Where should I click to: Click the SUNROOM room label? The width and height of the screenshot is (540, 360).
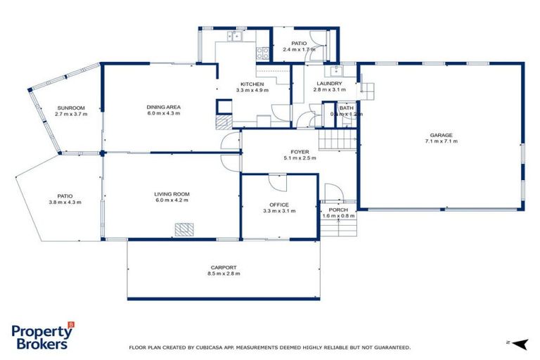click(x=70, y=108)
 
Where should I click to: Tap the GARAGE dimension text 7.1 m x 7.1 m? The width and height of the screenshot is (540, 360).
click(x=441, y=141)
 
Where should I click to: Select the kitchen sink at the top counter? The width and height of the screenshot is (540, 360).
click(x=233, y=36)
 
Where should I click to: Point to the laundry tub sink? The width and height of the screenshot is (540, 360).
click(x=333, y=70)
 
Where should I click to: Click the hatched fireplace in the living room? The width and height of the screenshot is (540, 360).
click(x=184, y=229)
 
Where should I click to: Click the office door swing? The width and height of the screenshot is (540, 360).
click(x=277, y=181)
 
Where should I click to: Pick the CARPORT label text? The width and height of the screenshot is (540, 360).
click(x=223, y=267)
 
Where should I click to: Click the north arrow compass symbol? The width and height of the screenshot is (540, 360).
click(x=519, y=344)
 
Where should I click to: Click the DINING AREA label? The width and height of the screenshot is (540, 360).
click(x=164, y=108)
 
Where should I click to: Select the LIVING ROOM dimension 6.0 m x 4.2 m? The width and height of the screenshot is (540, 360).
click(x=172, y=200)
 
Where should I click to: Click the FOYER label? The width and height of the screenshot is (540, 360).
click(x=300, y=152)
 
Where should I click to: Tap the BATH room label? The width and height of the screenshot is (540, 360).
click(x=346, y=108)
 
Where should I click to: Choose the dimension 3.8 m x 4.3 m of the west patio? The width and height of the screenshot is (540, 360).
click(x=65, y=202)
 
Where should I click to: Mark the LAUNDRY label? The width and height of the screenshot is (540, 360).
click(x=329, y=83)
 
